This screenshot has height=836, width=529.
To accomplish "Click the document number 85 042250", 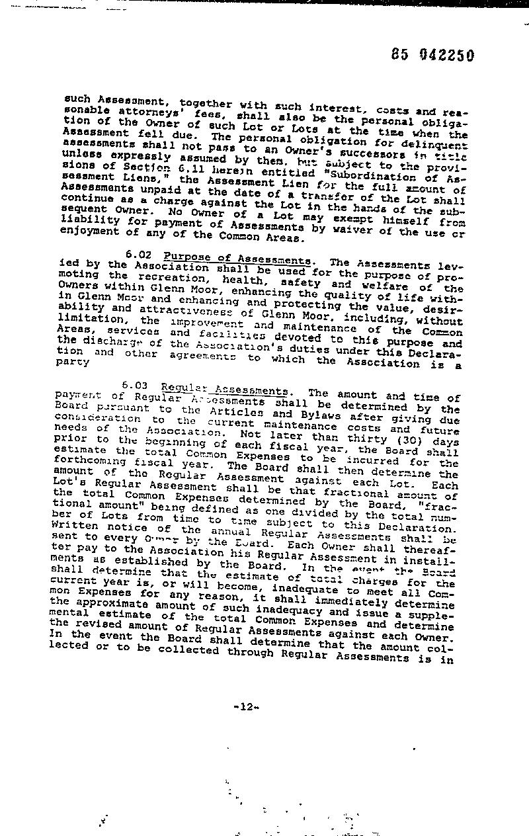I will (x=432, y=56).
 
